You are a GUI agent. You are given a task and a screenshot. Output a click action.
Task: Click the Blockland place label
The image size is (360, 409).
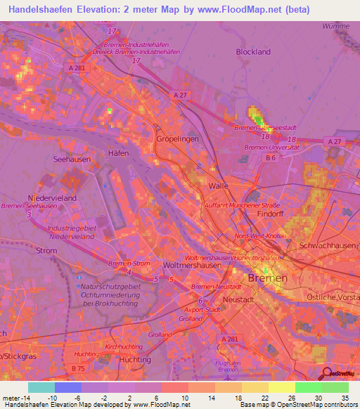(253, 52)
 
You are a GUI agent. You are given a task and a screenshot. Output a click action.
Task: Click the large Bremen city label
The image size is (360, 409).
(268, 279)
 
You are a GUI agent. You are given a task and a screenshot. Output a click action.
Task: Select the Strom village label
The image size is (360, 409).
(46, 250)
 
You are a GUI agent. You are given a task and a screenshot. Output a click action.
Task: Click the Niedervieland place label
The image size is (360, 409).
(51, 198)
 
